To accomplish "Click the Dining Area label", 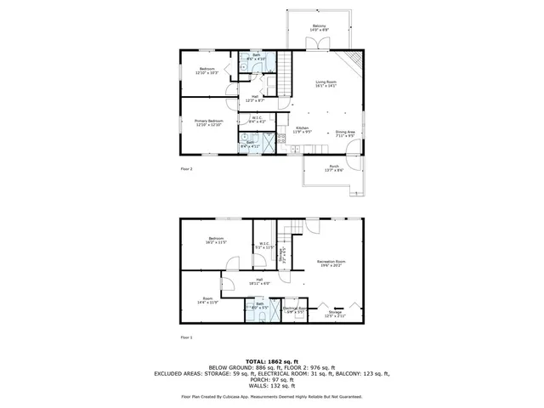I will pyautogui.click(x=344, y=133).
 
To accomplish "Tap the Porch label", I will pyautogui.click(x=334, y=167).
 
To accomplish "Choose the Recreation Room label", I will pyautogui.click(x=331, y=263).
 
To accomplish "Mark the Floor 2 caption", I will pyautogui.click(x=186, y=169).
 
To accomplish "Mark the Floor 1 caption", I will pyautogui.click(x=186, y=338).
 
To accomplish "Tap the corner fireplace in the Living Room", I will pyautogui.click(x=354, y=61).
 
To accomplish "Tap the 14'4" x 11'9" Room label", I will pyautogui.click(x=208, y=301).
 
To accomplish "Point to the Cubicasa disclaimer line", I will pyautogui.click(x=272, y=396).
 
